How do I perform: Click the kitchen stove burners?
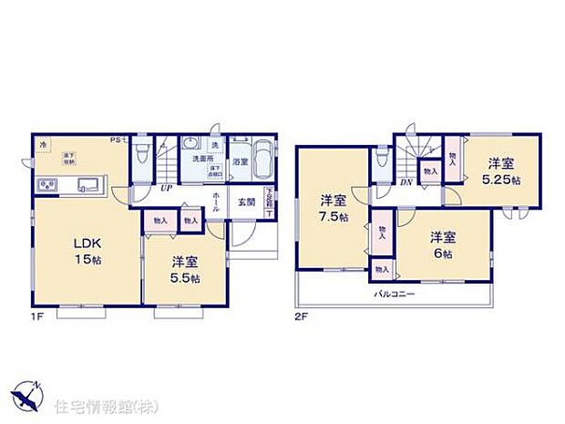[47, 186]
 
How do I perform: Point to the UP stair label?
[167, 189]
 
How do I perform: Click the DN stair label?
[408, 182]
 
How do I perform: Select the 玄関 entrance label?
[247, 202]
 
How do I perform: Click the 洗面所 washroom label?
[203, 158]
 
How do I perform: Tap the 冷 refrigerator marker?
[42, 146]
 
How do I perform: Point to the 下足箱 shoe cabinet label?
[269, 196]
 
